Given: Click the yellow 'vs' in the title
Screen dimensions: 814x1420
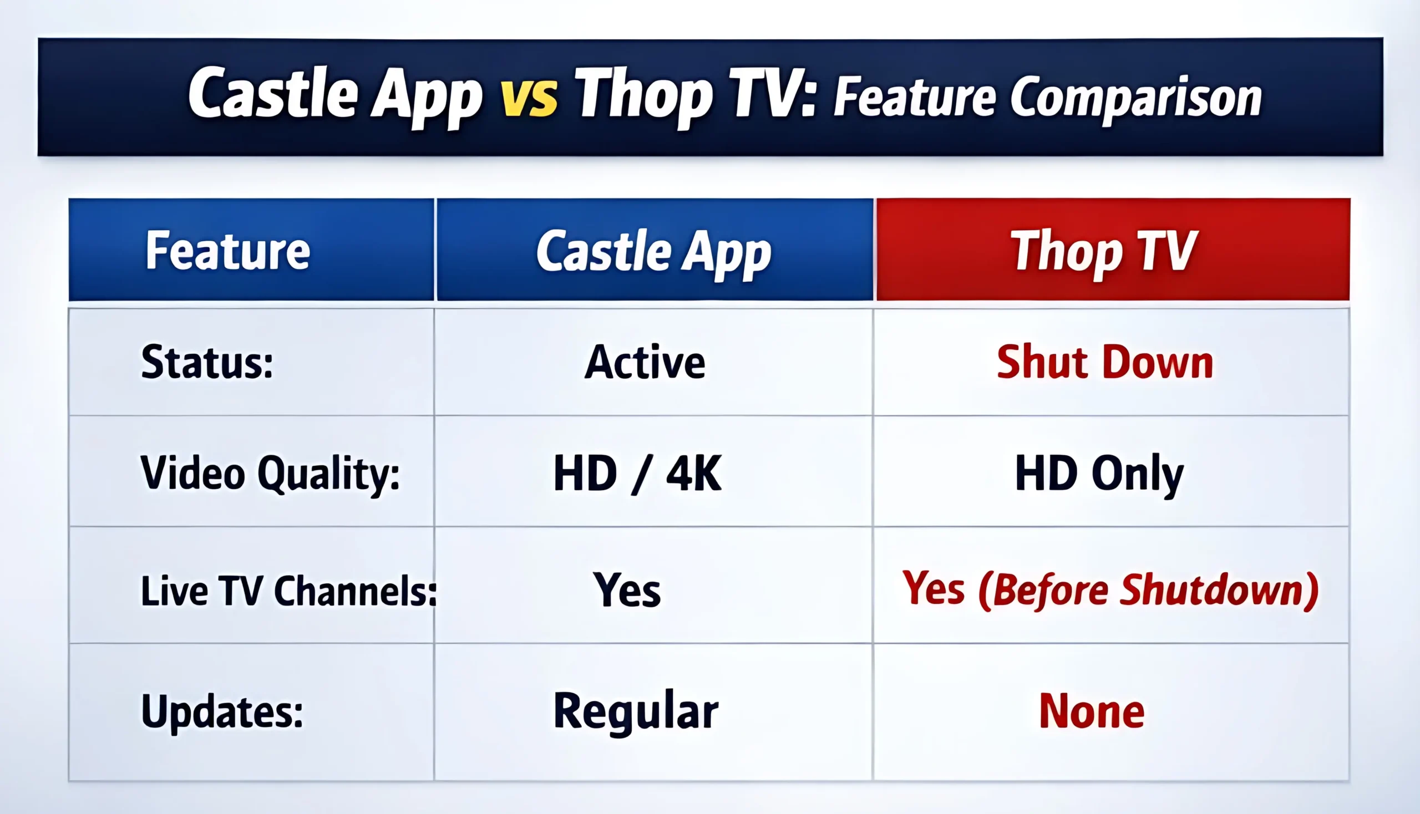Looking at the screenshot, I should coord(529,98).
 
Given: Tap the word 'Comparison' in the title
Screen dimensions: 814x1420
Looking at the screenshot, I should coord(1136,98).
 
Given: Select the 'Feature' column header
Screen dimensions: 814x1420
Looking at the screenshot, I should coord(227,251).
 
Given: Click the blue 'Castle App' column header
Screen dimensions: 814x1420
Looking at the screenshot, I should coord(653,251).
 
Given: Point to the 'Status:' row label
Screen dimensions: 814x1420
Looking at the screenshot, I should coord(207,362).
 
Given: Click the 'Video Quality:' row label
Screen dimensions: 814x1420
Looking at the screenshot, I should coord(270,473).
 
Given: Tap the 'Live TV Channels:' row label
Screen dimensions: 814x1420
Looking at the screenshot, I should coord(288,591).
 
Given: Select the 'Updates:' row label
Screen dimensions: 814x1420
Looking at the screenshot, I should coord(222,711).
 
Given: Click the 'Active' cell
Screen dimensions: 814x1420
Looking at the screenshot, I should coord(645,362).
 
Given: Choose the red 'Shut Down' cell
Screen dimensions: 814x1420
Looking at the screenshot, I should coord(1105,362).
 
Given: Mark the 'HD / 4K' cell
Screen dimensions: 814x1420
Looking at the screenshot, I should coord(637,473).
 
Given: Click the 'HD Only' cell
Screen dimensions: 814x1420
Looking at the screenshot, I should coord(1099,473).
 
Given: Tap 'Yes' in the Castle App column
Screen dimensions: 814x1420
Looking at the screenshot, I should coord(627,591).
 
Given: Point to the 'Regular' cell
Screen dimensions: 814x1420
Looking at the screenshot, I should coord(636,711).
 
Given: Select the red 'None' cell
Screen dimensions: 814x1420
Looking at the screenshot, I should coord(1092,711).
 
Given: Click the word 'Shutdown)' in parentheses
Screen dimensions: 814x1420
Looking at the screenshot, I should coord(1220,591).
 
